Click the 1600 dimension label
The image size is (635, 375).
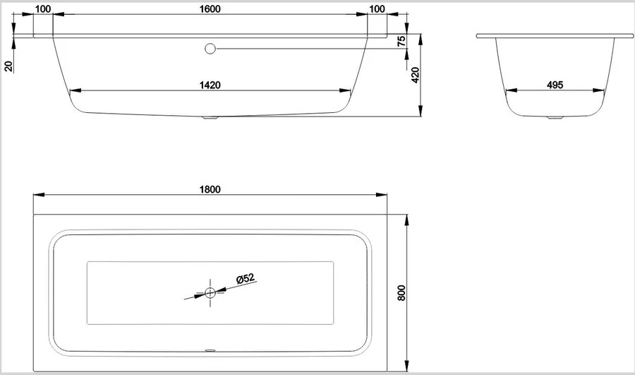[210, 9]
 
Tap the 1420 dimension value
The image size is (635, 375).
[210, 85]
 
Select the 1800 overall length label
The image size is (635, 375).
[210, 189]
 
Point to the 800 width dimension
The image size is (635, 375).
[401, 292]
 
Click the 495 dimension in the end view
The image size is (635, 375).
[555, 85]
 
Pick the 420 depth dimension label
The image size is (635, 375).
[415, 75]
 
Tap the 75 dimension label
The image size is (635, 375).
[401, 42]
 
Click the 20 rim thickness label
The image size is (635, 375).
[8, 66]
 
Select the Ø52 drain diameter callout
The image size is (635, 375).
[246, 278]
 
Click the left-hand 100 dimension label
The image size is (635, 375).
[43, 9]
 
